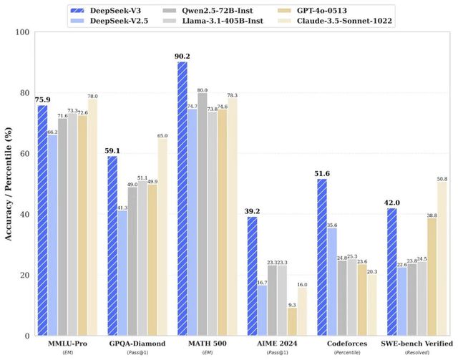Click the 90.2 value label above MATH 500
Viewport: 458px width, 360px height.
[x=182, y=56]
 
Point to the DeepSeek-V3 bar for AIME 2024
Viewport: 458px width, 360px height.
[x=252, y=276]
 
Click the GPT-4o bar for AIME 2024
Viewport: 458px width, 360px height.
[x=292, y=321]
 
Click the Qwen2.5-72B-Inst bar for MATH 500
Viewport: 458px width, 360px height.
[x=203, y=215]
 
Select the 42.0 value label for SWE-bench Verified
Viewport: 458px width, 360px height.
[x=391, y=203]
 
